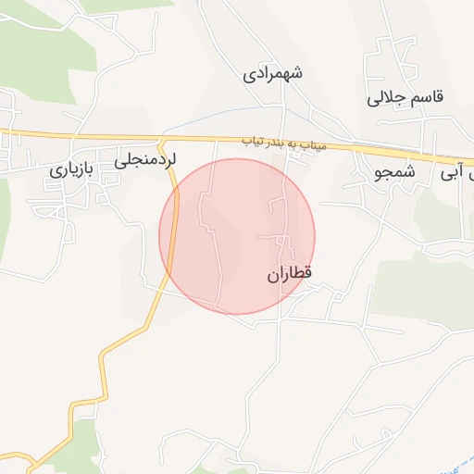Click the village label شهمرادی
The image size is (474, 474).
click(x=273, y=73)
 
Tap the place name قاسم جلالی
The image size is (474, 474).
click(x=405, y=96)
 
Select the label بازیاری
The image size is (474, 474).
click(x=72, y=170)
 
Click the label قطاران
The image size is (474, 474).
click(x=291, y=274)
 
